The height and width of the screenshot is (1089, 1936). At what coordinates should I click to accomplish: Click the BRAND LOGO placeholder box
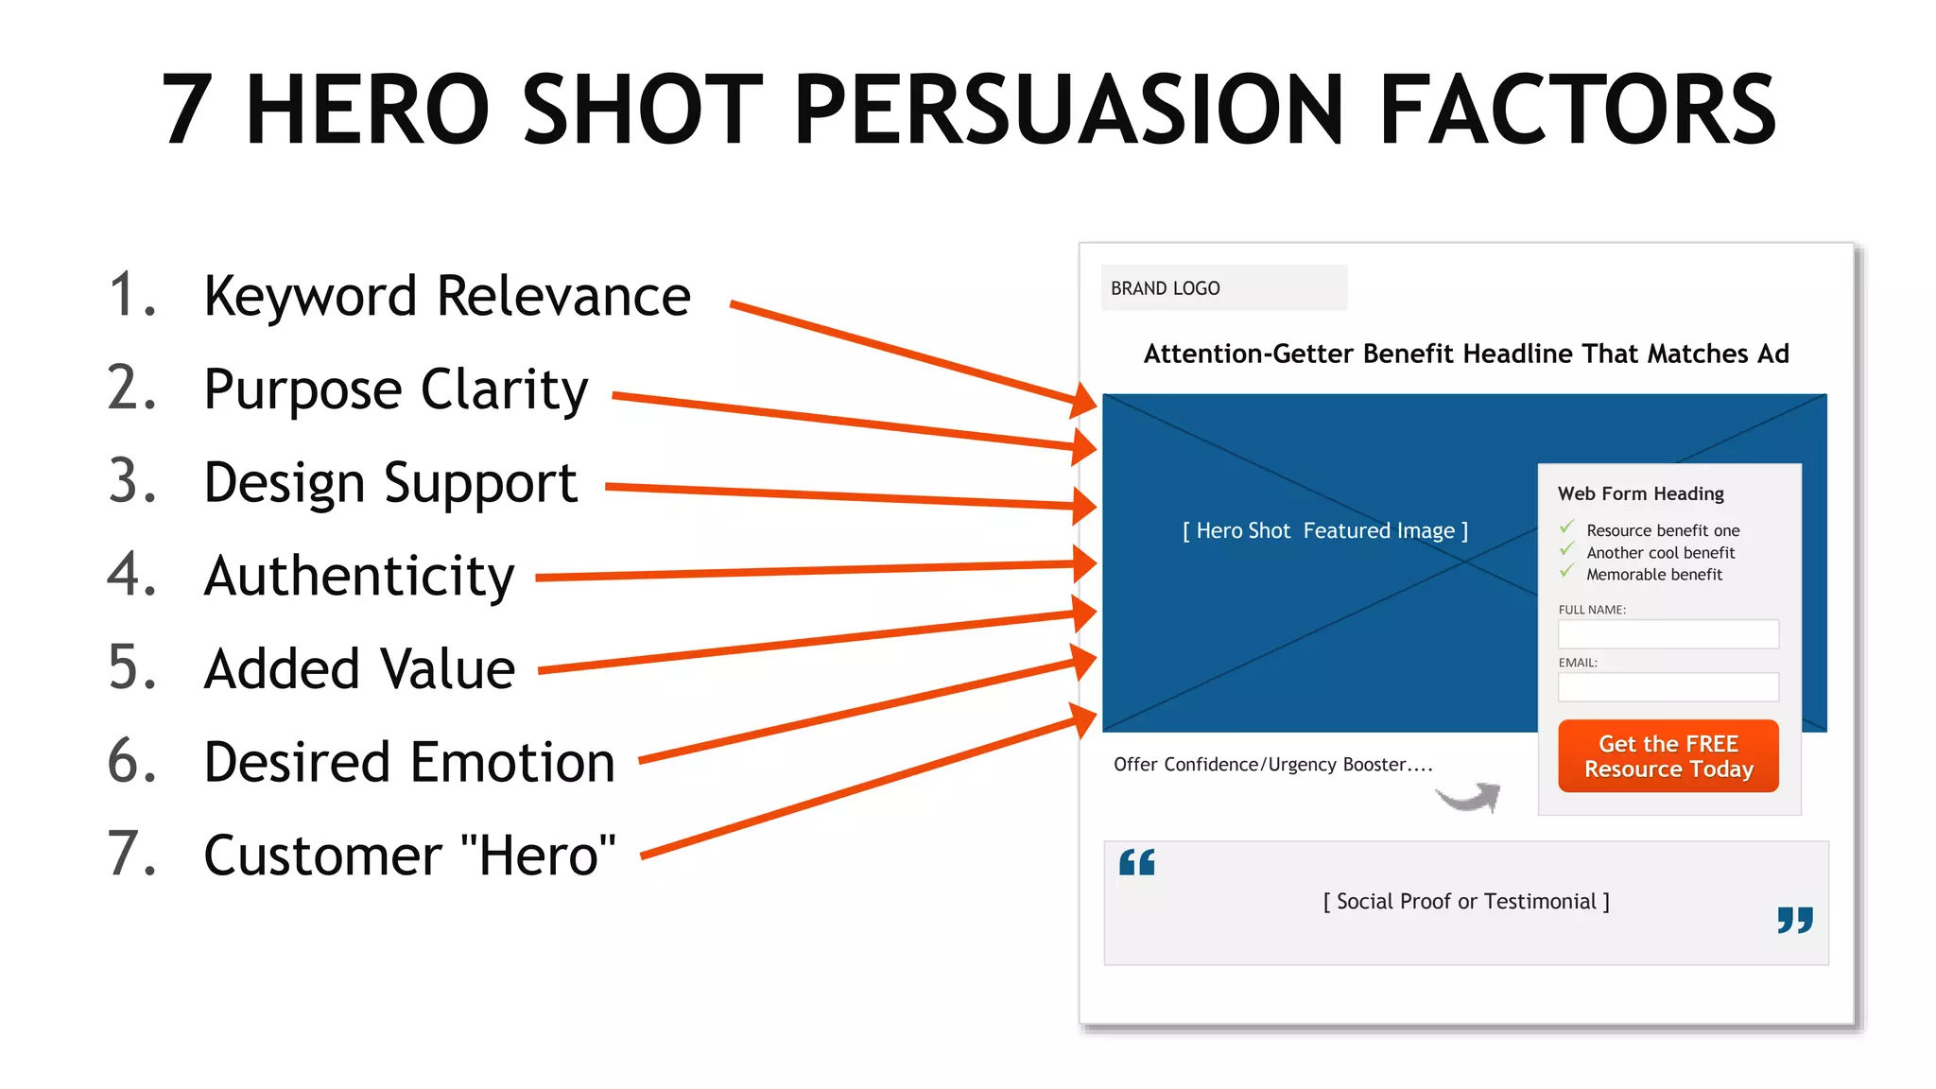(x=1223, y=287)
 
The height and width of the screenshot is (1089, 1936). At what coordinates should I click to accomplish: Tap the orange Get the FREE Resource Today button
(x=1668, y=756)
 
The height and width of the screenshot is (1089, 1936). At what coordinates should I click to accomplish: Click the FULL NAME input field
(x=1668, y=634)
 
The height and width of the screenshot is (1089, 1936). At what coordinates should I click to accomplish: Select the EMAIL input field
(x=1668, y=687)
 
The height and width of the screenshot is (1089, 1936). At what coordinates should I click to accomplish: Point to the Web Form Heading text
(x=1640, y=493)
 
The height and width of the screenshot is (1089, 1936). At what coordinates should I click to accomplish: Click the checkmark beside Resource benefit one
(x=1566, y=527)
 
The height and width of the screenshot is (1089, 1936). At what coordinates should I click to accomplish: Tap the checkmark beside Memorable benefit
(x=1566, y=572)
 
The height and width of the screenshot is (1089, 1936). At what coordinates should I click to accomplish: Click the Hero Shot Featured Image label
(x=1324, y=531)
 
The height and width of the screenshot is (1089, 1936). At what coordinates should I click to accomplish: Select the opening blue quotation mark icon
(x=1136, y=862)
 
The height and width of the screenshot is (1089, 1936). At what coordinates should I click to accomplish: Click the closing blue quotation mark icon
(x=1794, y=920)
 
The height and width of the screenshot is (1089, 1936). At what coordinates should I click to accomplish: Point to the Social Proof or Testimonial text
(x=1465, y=902)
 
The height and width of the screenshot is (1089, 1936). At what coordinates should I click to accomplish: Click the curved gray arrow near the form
(x=1470, y=798)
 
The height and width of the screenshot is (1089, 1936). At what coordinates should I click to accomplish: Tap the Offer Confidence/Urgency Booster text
(x=1272, y=765)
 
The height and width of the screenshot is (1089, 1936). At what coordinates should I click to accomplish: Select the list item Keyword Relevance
(x=447, y=296)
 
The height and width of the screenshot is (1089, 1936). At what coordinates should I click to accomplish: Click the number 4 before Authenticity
(x=130, y=574)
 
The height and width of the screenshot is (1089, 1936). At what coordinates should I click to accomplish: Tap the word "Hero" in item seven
(x=538, y=856)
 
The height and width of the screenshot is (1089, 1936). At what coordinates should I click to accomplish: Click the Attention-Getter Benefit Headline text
(x=1466, y=354)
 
